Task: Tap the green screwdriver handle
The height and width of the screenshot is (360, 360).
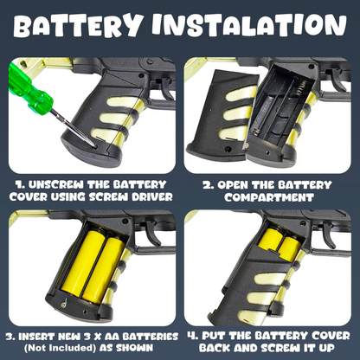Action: pyautogui.click(x=29, y=89)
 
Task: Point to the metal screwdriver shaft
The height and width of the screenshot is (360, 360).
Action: pyautogui.click(x=72, y=128)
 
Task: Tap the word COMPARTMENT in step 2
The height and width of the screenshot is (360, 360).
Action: pyautogui.click(x=269, y=197)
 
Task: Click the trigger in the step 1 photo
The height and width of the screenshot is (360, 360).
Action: pyautogui.click(x=168, y=87)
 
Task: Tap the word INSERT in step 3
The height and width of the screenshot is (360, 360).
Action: pyautogui.click(x=35, y=337)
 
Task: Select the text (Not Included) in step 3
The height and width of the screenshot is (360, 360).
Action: pyautogui.click(x=60, y=348)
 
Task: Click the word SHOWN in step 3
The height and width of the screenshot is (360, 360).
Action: pyautogui.click(x=134, y=348)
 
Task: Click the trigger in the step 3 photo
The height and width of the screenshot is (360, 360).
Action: pyautogui.click(x=152, y=232)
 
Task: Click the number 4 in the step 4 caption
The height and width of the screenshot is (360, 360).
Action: pyautogui.click(x=192, y=336)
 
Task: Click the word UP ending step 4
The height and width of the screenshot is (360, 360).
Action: pyautogui.click(x=326, y=348)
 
